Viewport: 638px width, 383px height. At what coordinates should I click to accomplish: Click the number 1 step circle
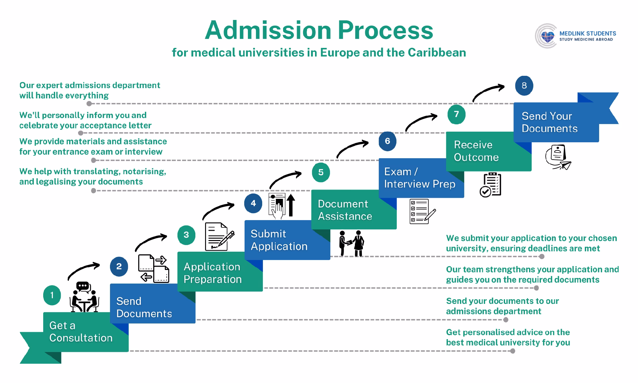52,295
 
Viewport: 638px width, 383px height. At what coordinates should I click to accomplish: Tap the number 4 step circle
253,203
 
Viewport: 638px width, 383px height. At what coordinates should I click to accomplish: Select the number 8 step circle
524,86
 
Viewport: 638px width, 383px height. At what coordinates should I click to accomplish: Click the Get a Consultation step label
81,332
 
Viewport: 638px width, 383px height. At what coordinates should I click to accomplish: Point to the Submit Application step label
279,240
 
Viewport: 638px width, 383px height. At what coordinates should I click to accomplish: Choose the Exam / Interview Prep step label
419,178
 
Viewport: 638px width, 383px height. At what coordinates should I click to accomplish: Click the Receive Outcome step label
476,151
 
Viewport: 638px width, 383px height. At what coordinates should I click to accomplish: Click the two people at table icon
84,297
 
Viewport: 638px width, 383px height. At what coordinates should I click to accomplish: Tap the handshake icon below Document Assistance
352,243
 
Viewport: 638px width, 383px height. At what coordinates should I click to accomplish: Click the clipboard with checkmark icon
490,185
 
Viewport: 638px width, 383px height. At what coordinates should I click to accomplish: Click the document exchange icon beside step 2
154,269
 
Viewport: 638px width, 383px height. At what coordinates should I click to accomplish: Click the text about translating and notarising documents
92,177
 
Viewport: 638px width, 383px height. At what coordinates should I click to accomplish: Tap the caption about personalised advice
508,337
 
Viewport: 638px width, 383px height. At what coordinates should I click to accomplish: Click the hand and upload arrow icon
281,206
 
